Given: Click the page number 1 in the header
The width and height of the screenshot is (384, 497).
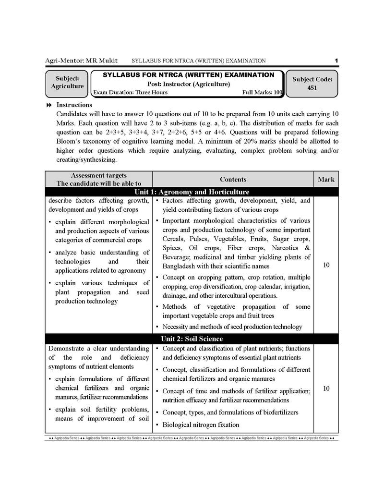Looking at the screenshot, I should point(336,61).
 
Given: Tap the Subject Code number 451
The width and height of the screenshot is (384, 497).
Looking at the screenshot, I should point(312,88).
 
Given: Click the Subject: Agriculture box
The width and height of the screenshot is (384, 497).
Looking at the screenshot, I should point(67,82).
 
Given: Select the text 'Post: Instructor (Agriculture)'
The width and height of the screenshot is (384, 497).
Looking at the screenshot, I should point(188,84).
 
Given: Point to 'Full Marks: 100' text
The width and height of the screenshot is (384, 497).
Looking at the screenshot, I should point(262,92).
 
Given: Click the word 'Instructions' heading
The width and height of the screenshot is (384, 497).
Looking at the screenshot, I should point(74,105).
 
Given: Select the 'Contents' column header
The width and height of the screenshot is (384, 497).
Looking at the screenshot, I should point(233,179).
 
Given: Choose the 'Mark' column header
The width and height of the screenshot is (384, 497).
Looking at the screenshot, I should point(326,179).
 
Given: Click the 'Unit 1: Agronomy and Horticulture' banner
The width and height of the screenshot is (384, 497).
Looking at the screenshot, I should point(192,192).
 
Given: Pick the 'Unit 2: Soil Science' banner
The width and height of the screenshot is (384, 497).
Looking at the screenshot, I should point(192,339).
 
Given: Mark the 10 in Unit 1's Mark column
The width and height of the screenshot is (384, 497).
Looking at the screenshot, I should point(326,265).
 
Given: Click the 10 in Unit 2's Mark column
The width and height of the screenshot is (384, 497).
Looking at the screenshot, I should point(326,388).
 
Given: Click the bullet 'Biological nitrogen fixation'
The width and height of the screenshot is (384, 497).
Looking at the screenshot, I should point(201,424).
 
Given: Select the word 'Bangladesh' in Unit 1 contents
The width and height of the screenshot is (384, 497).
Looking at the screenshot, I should point(179,266).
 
